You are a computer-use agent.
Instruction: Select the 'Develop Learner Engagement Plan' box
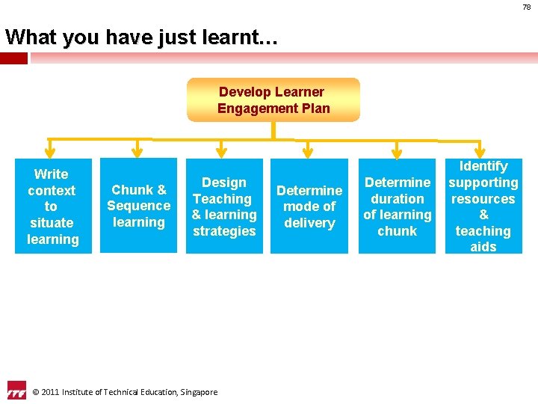click(273, 100)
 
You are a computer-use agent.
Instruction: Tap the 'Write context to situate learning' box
click(52, 206)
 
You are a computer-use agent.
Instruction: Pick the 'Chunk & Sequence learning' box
click(138, 206)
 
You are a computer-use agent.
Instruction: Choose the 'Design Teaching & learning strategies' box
click(224, 206)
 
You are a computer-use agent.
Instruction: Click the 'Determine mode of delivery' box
click(309, 206)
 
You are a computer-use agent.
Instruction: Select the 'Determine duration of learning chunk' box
click(397, 206)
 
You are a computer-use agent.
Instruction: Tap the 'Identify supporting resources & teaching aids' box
click(483, 206)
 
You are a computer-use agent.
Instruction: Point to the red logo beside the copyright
click(16, 391)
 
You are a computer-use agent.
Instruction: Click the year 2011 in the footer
click(50, 392)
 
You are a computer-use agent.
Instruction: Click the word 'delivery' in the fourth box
click(309, 223)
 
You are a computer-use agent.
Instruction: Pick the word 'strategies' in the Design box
click(224, 231)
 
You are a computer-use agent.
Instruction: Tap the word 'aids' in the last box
click(483, 247)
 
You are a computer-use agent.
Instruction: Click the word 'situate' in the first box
click(52, 223)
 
